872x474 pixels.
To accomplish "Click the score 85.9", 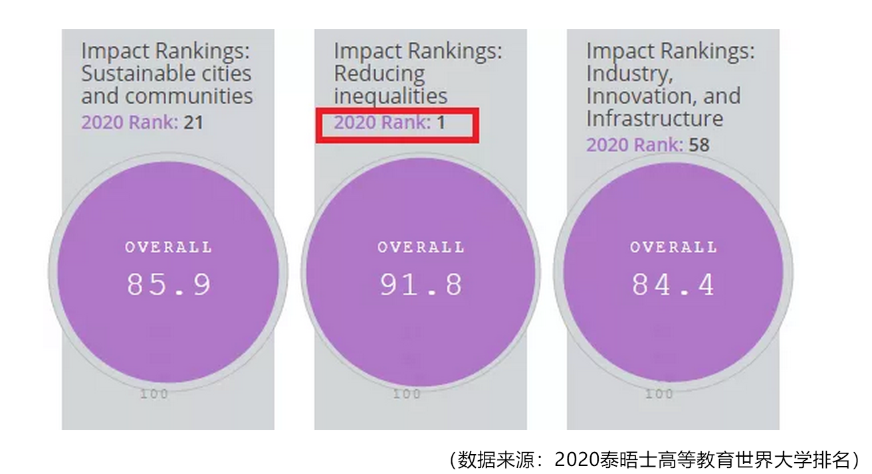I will click(169, 285).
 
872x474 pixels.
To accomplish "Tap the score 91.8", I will click(421, 285).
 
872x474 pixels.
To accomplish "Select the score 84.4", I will click(673, 285).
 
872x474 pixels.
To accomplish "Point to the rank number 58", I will click(699, 145).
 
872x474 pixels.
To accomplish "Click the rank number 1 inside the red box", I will click(440, 122).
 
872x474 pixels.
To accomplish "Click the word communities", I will click(189, 96).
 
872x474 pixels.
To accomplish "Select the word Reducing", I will click(379, 73).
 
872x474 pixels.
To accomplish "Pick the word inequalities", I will click(390, 96).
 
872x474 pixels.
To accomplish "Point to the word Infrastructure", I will click(654, 119).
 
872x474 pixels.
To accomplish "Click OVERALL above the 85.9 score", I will click(169, 248).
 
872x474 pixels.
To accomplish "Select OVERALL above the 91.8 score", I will click(421, 248).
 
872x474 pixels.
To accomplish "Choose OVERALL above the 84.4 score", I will click(673, 248).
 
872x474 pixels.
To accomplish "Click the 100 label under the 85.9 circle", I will click(154, 394).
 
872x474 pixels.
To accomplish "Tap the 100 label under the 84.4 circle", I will click(659, 394).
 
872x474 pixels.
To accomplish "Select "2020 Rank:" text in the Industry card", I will click(634, 145).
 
